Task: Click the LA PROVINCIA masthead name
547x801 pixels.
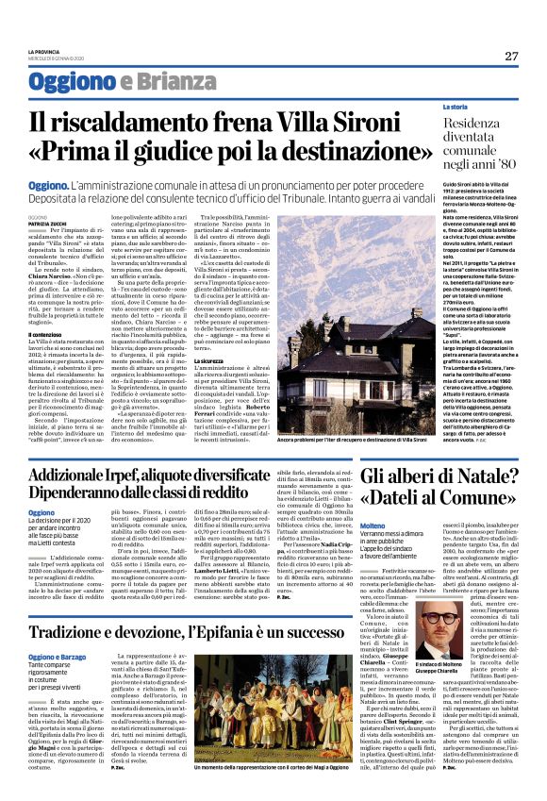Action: click(x=44, y=51)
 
